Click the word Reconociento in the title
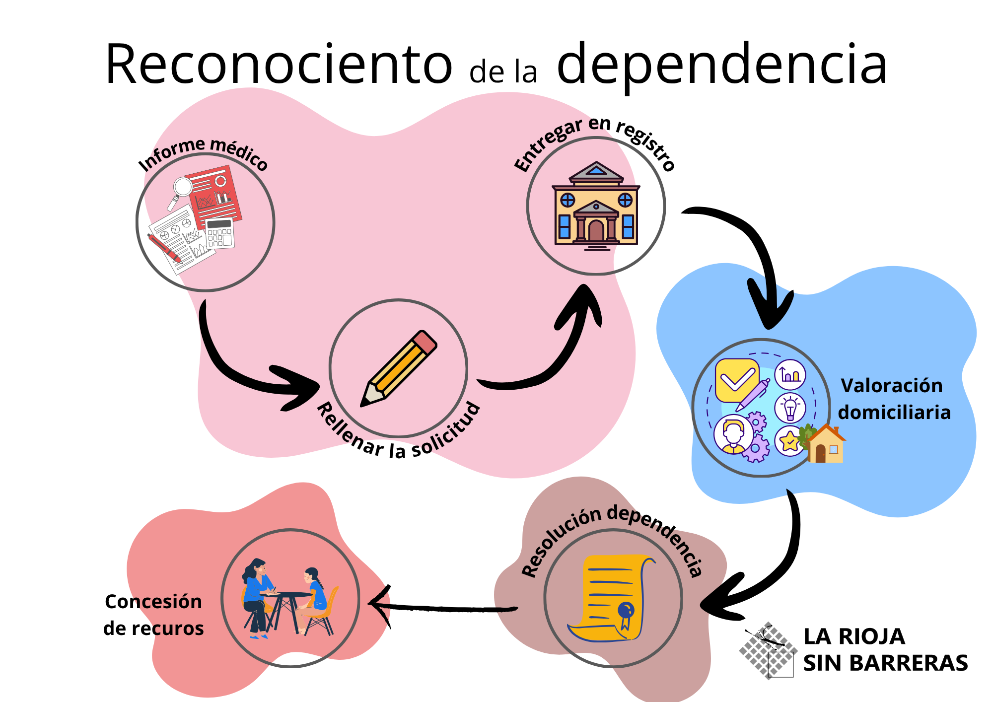[x=278, y=65]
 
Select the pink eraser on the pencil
[x=425, y=342]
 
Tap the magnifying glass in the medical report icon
[x=182, y=189]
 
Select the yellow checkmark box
[x=737, y=380]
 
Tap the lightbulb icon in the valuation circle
[x=790, y=408]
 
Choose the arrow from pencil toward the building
[x=551, y=357]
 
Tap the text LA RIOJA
[x=854, y=636]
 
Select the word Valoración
[x=892, y=386]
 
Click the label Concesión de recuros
[x=153, y=615]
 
